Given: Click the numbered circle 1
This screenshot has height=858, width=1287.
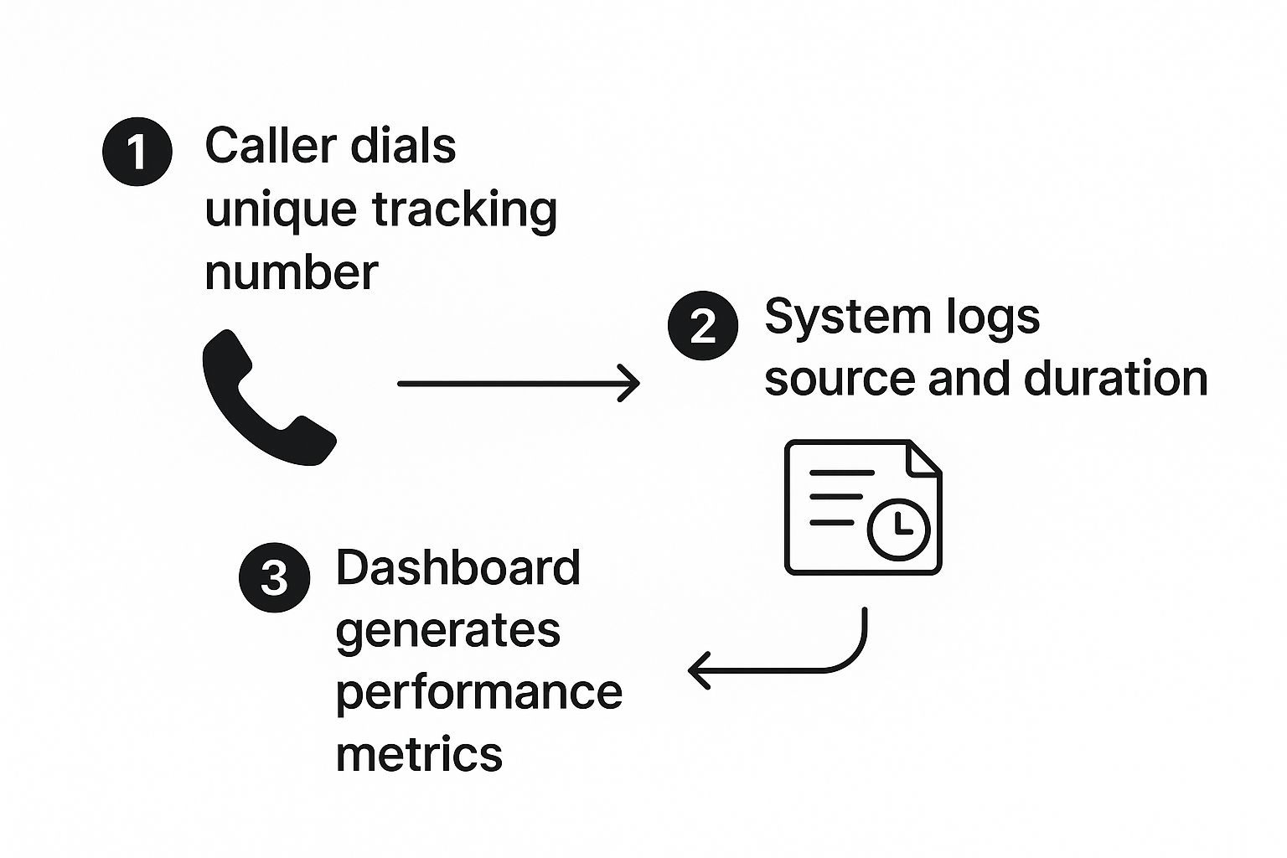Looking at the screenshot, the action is click(137, 151).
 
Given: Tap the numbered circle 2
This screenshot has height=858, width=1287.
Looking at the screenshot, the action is click(703, 325).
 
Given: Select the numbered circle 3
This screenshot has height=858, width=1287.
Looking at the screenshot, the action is click(274, 577).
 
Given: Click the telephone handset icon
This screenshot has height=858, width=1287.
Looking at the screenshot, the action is click(269, 397).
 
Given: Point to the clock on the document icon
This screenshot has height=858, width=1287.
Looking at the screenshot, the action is click(898, 529).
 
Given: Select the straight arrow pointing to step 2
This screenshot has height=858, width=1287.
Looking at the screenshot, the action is click(519, 383).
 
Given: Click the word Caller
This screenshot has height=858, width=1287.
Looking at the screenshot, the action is click(271, 146).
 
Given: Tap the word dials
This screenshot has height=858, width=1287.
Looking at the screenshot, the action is click(403, 146).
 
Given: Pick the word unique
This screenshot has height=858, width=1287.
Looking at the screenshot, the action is click(281, 211).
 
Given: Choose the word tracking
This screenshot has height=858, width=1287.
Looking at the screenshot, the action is click(465, 211).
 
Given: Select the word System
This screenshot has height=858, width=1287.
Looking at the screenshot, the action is click(848, 318).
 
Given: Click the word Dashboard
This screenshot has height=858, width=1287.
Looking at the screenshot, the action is click(458, 567).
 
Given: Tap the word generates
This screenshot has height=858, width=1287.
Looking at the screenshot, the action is click(447, 633).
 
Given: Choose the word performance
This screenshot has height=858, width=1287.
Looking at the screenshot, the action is click(479, 695).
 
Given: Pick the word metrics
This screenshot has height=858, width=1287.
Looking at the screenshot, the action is click(419, 753).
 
